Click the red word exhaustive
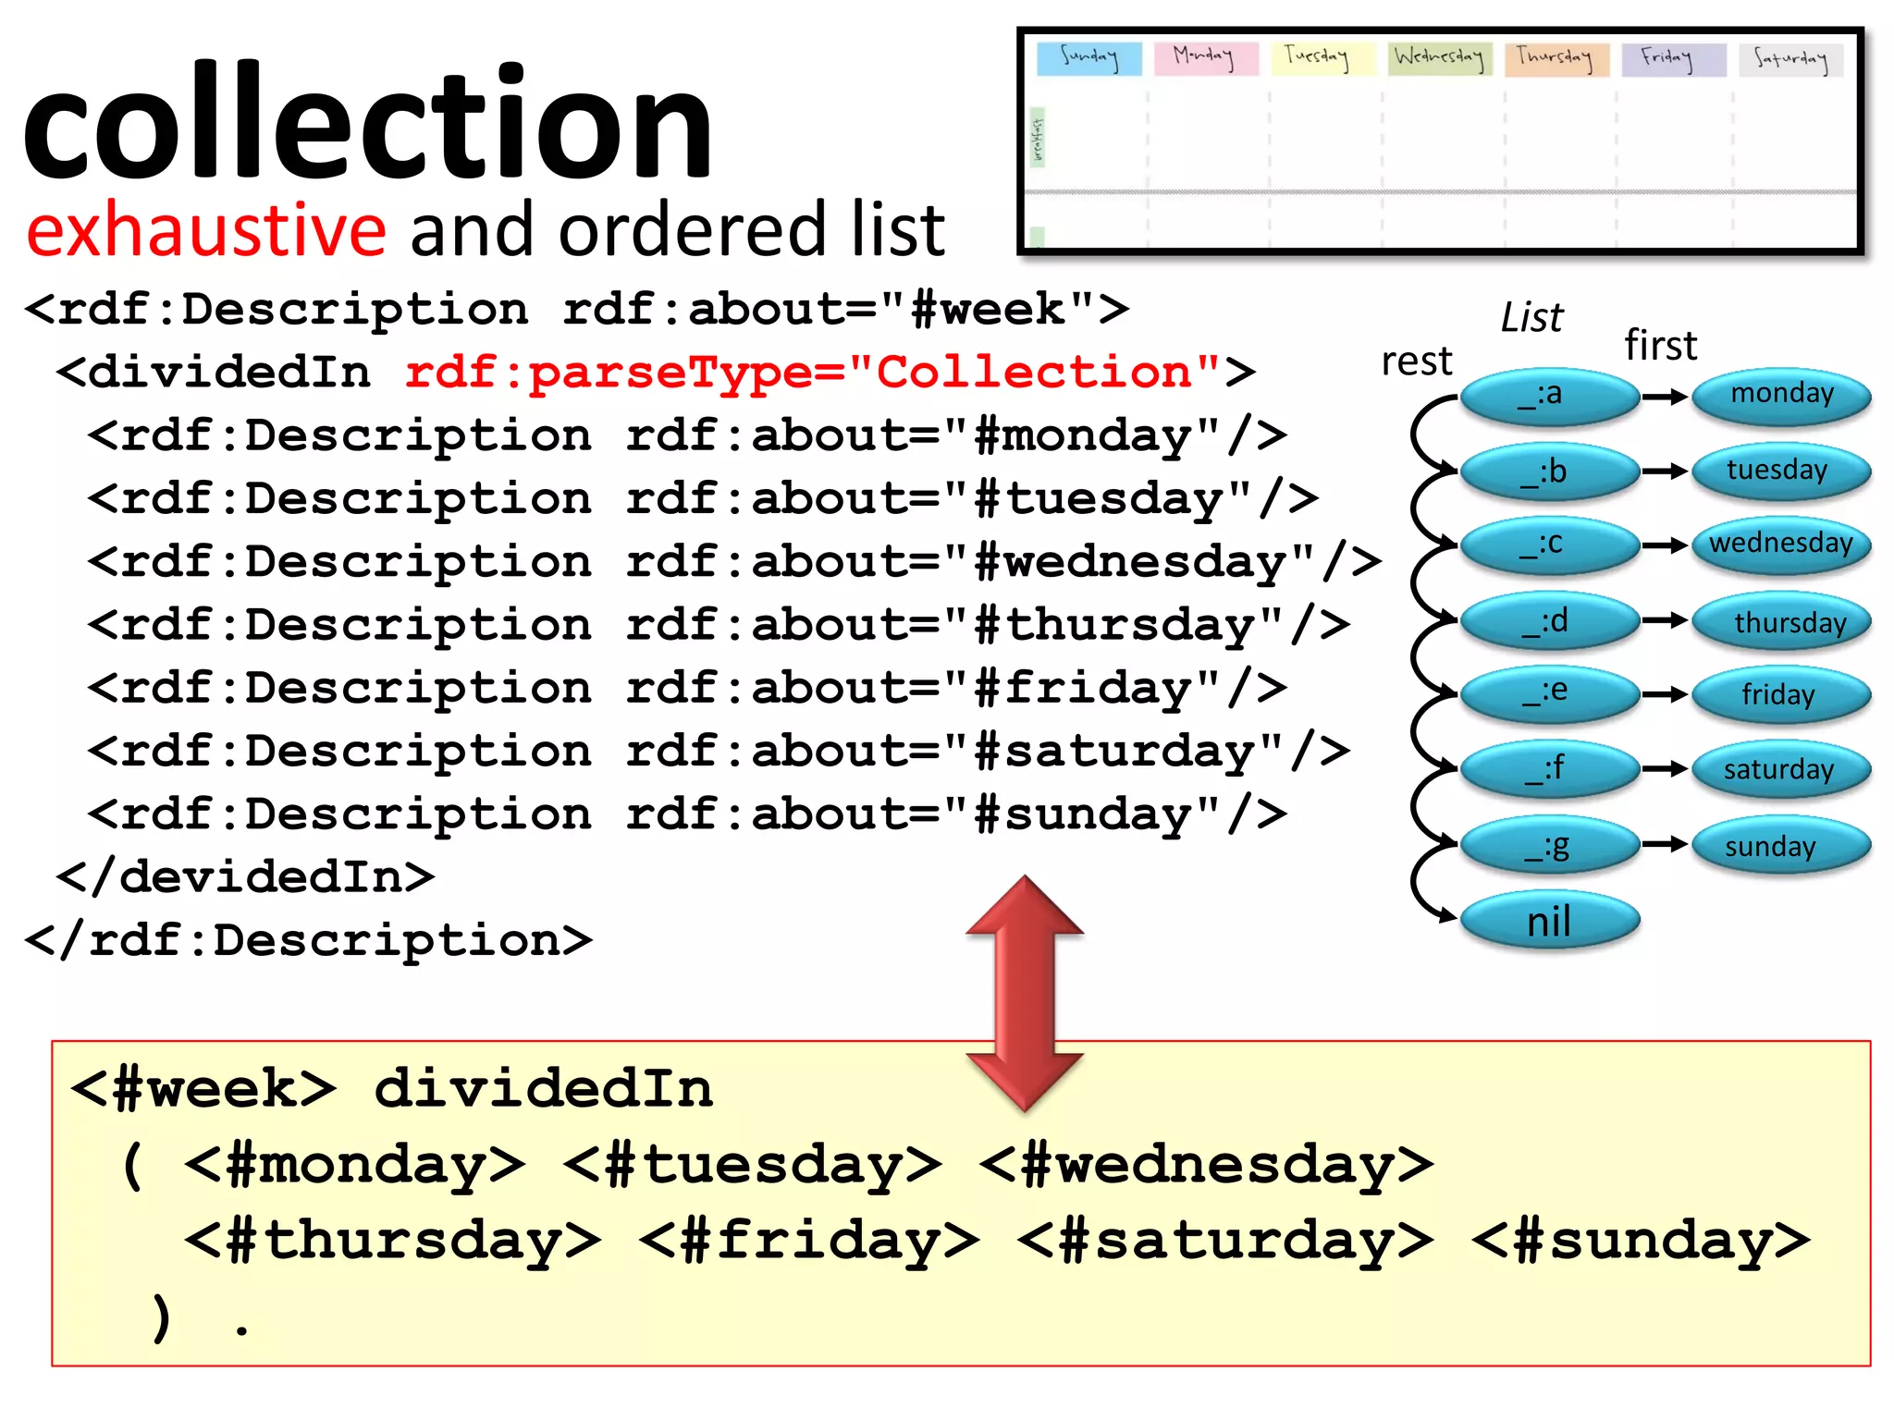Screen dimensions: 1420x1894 (x=205, y=229)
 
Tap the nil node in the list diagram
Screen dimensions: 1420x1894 (x=1549, y=921)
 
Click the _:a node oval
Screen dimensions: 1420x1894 (x=1550, y=396)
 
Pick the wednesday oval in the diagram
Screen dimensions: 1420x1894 (x=1781, y=544)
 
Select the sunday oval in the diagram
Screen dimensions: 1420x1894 (x=1779, y=845)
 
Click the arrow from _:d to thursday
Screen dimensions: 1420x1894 (x=1666, y=619)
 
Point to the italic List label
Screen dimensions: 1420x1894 (x=1531, y=317)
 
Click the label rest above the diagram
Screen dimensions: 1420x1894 (x=1416, y=361)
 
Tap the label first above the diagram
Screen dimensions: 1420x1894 (x=1661, y=346)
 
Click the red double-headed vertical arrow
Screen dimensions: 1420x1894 (x=1024, y=994)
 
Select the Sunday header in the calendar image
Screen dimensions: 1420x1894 (x=1088, y=57)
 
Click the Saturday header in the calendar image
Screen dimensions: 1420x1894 (x=1790, y=59)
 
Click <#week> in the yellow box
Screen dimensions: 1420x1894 (x=203, y=1088)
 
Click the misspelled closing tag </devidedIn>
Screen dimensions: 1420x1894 (x=246, y=876)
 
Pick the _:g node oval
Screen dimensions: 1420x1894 (x=1550, y=845)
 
